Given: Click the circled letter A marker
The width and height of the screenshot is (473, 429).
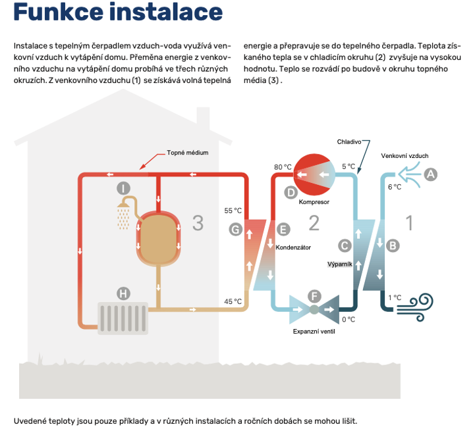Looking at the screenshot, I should pos(431,174).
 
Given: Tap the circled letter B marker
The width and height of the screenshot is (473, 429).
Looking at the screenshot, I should pos(392,245).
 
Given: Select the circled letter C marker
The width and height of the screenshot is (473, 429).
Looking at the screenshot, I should pos(344,245).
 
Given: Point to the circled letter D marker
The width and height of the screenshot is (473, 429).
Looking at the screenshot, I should pos(291,192).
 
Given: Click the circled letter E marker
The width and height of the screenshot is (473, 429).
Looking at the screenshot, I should pos(283,229).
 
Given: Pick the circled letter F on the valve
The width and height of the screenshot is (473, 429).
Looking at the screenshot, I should pos(314,297).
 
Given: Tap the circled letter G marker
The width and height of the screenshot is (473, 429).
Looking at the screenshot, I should pos(236,229).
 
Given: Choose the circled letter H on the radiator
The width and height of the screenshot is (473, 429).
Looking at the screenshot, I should pos(123,293).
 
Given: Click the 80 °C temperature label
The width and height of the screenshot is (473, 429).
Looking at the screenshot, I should pos(283,167).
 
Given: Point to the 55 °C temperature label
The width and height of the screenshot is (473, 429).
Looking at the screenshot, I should pos(233,211).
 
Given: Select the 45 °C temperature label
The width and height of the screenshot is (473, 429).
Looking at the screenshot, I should pos(233,301).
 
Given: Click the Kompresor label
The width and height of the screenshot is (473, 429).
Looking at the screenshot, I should pos(314,202).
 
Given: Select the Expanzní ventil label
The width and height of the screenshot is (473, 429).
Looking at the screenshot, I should pos(314,331).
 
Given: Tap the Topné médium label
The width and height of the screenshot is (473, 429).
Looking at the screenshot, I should pos(187,152).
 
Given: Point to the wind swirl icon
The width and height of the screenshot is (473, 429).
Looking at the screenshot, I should pos(418,305).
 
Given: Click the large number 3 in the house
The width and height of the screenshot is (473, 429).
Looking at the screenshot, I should pos(198,223).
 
